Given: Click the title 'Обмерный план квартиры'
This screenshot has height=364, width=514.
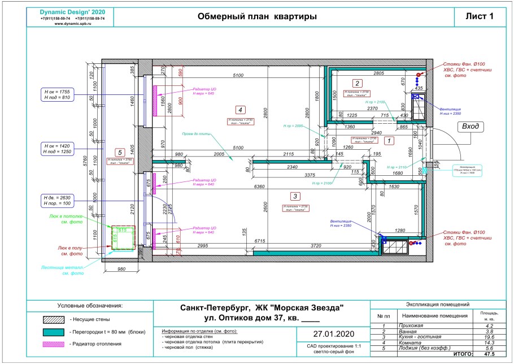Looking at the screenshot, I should click(257, 16).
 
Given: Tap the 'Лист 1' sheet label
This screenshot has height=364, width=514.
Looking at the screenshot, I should click(478, 16).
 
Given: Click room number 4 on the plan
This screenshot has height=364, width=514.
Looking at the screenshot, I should click(240, 110).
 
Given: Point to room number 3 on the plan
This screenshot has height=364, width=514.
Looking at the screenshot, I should click(294, 196).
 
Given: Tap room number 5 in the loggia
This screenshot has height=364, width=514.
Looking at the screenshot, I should click(119, 151).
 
